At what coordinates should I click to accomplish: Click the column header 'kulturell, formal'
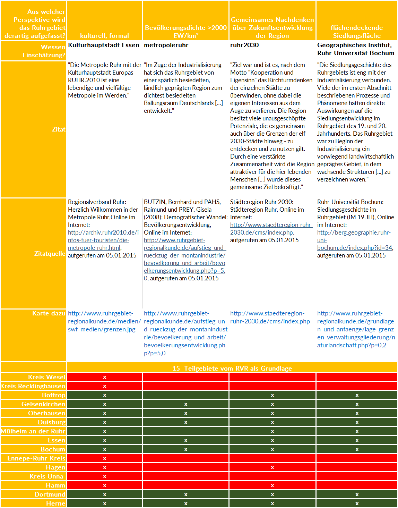(104, 35)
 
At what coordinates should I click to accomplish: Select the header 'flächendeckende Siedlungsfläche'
(357, 32)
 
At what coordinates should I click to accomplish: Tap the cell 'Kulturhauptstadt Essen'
(103, 45)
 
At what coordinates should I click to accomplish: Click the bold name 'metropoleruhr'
(166, 45)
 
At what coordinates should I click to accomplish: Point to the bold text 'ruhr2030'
(244, 45)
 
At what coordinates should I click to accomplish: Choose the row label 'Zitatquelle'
(50, 253)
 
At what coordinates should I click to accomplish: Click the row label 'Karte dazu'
(49, 313)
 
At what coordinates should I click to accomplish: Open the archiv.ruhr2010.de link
(103, 240)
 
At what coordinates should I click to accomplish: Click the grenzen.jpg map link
(104, 321)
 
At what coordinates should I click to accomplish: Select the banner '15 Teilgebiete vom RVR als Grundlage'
(232, 368)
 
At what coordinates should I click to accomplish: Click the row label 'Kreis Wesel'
(47, 377)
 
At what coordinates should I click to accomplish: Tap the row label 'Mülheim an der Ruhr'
(33, 431)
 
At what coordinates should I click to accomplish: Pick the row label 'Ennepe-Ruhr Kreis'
(36, 458)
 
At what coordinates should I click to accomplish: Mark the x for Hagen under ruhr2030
(272, 467)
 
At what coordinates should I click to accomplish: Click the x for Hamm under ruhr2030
(272, 485)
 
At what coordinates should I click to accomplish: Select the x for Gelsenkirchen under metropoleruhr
(186, 404)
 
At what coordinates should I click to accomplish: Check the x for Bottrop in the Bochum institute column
(357, 395)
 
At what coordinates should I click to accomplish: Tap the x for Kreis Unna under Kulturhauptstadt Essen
(105, 476)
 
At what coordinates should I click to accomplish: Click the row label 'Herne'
(55, 503)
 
